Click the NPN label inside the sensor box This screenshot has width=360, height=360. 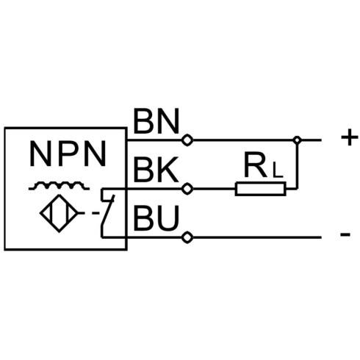pyautogui.click(x=68, y=154)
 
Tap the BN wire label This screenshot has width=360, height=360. pyautogui.click(x=156, y=121)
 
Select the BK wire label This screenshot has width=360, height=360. pyautogui.click(x=156, y=170)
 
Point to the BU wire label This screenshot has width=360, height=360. pyautogui.click(x=156, y=218)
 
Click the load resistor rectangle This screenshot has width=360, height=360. pyautogui.click(x=260, y=189)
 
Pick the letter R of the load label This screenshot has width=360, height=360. pyautogui.click(x=255, y=165)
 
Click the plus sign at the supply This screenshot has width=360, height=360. pyautogui.click(x=350, y=137)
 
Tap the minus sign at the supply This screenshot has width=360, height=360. pyautogui.click(x=345, y=234)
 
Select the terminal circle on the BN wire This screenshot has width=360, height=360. pyautogui.click(x=187, y=140)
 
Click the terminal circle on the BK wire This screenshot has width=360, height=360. pyautogui.click(x=187, y=189)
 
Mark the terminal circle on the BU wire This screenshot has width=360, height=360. pyautogui.click(x=187, y=237)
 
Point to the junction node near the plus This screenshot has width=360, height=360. pyautogui.click(x=297, y=140)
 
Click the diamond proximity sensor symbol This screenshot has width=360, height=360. pyautogui.click(x=59, y=213)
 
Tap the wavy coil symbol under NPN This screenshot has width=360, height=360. pyautogui.click(x=59, y=186)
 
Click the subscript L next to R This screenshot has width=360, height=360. pyautogui.click(x=278, y=170)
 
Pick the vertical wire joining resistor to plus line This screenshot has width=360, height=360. pyautogui.click(x=297, y=167)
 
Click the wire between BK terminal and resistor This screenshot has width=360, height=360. pyautogui.click(x=214, y=189)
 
